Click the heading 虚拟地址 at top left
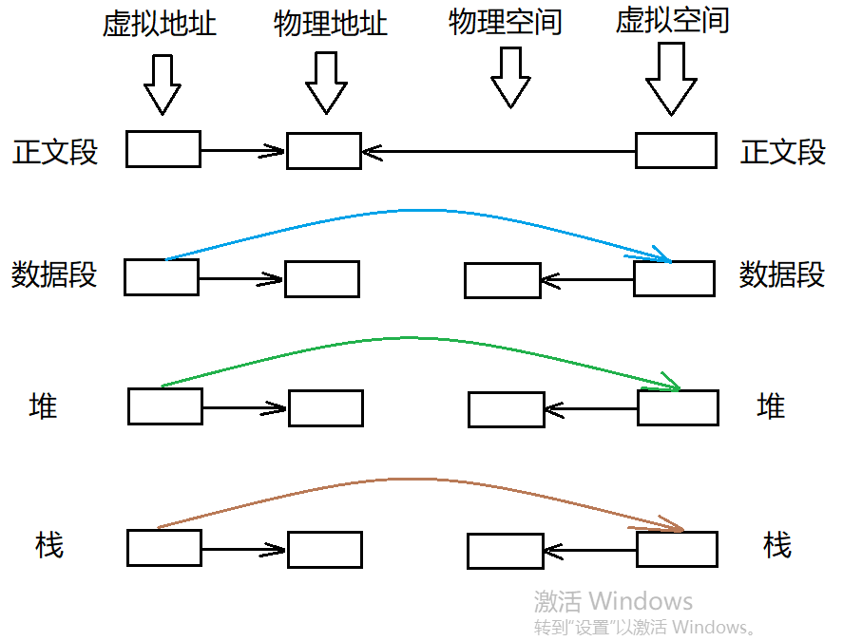click(x=160, y=24)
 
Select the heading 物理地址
click(x=331, y=24)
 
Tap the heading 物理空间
click(x=505, y=22)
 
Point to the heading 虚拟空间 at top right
click(x=672, y=22)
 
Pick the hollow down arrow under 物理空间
click(x=510, y=78)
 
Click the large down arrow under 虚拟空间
click(x=672, y=83)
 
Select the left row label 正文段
click(x=55, y=152)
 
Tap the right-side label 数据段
click(x=782, y=275)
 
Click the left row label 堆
click(x=44, y=406)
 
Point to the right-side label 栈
click(x=776, y=545)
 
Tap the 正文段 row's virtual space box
click(x=676, y=151)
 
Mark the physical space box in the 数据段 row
click(x=503, y=280)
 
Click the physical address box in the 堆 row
click(x=326, y=408)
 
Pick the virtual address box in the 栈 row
click(x=164, y=548)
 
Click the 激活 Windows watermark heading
click(x=613, y=601)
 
